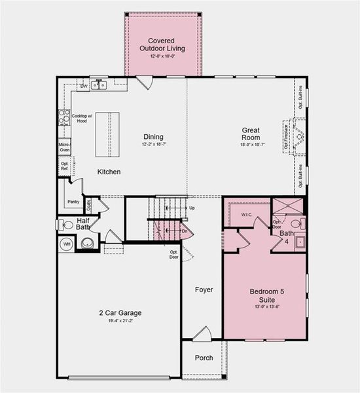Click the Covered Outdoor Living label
pos(162,45)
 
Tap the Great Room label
pos(251,134)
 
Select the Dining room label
pos(153,137)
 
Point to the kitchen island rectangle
pos(107,134)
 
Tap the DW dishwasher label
pos(84,86)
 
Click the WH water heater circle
pos(65,244)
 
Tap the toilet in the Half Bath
pos(67,225)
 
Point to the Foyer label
pos(204,289)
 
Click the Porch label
pos(204,358)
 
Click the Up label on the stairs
pos(192,208)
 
